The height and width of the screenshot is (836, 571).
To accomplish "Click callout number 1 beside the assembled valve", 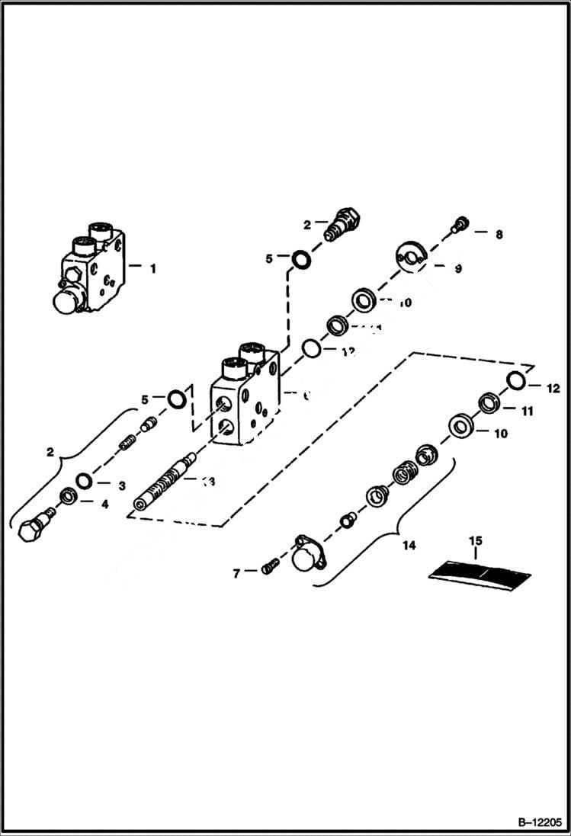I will (x=153, y=268).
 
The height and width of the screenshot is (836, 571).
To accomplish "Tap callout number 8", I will (x=499, y=235).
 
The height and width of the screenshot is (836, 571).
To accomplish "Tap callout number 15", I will (x=475, y=541).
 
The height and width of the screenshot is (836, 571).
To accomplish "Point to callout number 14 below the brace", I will (x=409, y=546).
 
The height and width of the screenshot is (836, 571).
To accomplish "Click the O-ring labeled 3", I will (x=84, y=481).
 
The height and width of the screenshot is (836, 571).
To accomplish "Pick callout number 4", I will (x=105, y=503).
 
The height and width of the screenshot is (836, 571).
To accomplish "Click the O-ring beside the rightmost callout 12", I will (x=516, y=380).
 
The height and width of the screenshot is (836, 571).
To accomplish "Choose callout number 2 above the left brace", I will (x=50, y=452).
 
